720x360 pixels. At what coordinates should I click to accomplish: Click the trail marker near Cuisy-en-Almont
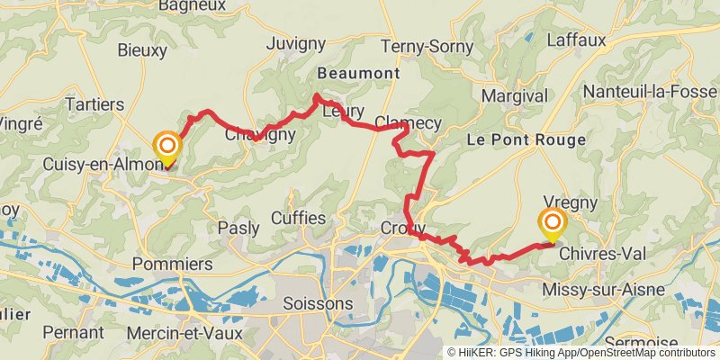(166, 148)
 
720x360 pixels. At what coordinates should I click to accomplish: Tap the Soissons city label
(317, 304)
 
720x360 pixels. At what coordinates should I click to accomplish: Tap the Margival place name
(514, 95)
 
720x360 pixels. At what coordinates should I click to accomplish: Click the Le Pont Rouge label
(526, 140)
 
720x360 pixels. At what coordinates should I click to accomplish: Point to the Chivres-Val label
(603, 255)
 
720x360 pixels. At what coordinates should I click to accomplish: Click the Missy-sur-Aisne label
(604, 289)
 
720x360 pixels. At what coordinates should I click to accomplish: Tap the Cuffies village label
(298, 219)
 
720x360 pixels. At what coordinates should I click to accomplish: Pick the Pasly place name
(238, 229)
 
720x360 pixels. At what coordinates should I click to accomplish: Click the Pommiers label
(172, 264)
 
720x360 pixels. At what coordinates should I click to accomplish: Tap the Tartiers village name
(94, 105)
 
